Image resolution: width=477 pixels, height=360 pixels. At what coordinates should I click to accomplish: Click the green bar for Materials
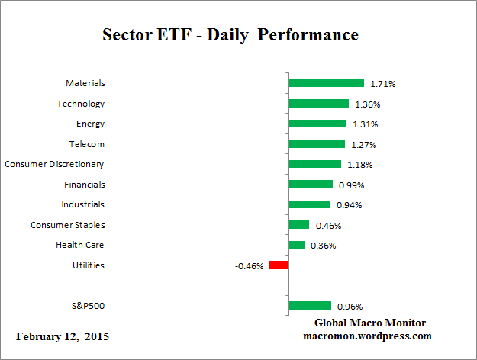click(326, 83)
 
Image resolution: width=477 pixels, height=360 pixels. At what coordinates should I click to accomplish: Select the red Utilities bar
click(279, 265)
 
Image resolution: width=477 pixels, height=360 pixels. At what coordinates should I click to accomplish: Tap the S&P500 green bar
click(310, 306)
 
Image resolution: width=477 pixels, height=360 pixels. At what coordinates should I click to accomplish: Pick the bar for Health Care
click(297, 245)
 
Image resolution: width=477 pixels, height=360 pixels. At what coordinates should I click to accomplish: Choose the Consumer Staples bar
click(299, 225)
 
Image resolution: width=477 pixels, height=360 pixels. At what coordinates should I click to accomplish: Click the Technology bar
click(318, 104)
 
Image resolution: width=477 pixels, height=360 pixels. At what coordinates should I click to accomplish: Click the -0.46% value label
click(250, 266)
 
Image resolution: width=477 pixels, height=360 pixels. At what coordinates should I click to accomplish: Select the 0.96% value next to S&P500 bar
click(349, 307)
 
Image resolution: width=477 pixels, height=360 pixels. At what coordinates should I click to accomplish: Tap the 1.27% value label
click(363, 144)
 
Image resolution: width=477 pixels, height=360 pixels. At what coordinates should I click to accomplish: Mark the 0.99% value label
click(350, 185)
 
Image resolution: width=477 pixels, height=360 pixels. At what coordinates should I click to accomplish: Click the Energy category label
click(90, 124)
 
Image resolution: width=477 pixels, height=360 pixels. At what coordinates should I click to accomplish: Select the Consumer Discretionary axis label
click(54, 164)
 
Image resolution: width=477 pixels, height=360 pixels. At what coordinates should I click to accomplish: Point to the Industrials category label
click(82, 204)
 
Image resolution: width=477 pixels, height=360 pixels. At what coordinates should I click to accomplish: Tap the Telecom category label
click(87, 143)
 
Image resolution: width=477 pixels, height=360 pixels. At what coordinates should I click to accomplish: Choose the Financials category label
click(84, 184)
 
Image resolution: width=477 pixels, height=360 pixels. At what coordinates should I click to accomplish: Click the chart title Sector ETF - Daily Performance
click(230, 36)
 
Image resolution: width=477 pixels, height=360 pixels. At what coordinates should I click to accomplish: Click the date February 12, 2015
click(63, 336)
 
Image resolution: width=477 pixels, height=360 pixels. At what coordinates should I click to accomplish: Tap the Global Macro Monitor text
click(370, 323)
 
